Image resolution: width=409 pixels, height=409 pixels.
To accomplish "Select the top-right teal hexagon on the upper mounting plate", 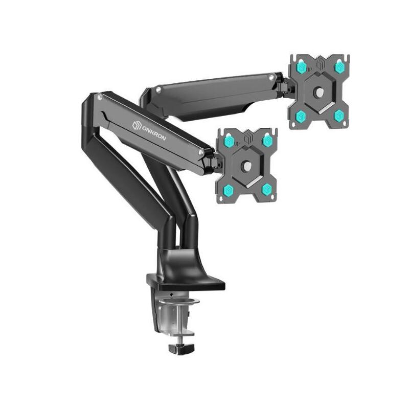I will coord(338,67).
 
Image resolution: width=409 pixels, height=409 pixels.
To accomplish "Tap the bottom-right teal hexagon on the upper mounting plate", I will coord(338,116).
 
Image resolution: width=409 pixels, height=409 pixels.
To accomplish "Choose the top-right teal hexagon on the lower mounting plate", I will coord(266,141).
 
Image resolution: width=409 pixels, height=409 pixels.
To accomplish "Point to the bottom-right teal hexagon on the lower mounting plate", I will coord(266,189).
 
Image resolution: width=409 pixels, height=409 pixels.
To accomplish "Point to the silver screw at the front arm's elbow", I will coord(98,96).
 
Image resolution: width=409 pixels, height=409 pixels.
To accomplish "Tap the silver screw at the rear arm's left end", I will coord(158,90).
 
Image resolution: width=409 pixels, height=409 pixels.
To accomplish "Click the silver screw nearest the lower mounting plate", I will coord(202,152).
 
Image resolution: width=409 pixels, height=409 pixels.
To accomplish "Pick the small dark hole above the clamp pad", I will coord(171,296).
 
